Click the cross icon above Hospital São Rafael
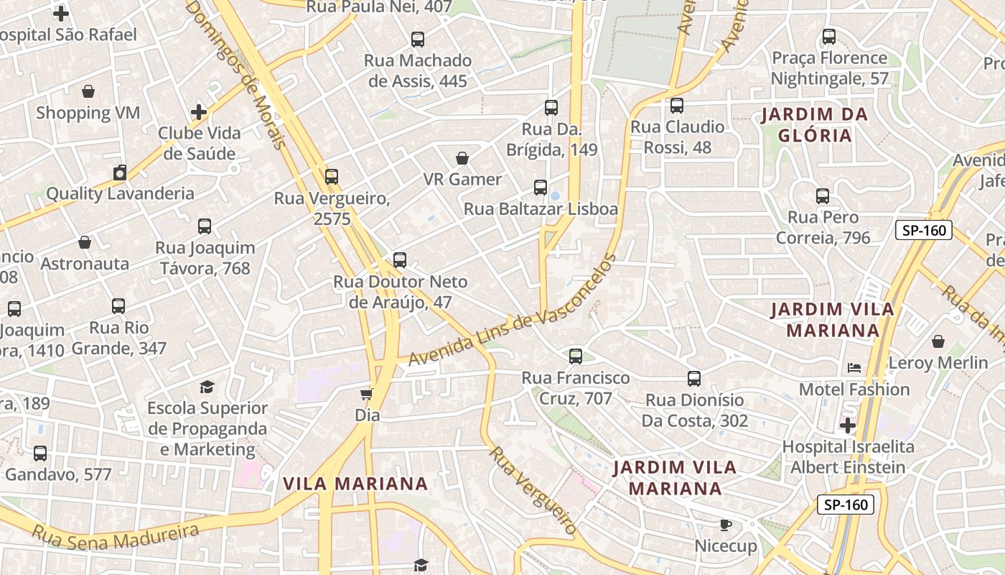click(x=61, y=13)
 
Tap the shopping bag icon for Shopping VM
click(x=88, y=91)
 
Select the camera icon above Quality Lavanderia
click(x=120, y=172)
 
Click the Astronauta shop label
click(x=85, y=264)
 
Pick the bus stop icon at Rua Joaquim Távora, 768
click(x=205, y=226)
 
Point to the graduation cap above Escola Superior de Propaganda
click(x=207, y=387)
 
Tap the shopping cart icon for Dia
click(x=367, y=394)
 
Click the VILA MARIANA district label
click(x=355, y=483)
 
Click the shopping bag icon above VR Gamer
click(x=462, y=158)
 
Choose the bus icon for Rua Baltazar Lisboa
click(x=541, y=188)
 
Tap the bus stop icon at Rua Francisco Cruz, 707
click(x=575, y=356)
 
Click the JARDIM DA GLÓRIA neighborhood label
click(x=814, y=124)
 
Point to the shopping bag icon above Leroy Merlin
click(x=938, y=341)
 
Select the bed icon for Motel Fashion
click(x=854, y=368)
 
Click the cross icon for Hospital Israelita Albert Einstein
click(x=848, y=425)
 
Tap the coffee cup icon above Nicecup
click(x=726, y=525)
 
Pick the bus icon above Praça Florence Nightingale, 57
click(x=829, y=36)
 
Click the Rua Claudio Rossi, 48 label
click(x=677, y=137)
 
